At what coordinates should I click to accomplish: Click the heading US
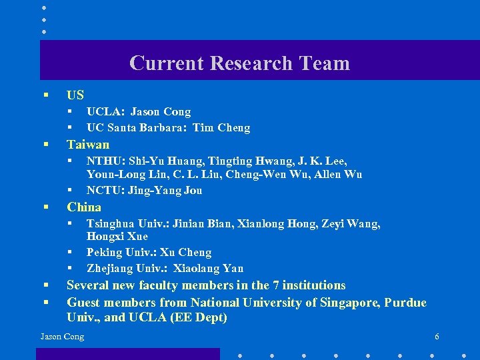[x=75, y=95]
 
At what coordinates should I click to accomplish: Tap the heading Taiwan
[x=88, y=145]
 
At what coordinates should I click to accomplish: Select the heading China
[x=84, y=207]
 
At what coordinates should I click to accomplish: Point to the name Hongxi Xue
[x=117, y=237]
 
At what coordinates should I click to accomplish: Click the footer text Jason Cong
[x=62, y=337]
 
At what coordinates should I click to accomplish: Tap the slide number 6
[x=437, y=337]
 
